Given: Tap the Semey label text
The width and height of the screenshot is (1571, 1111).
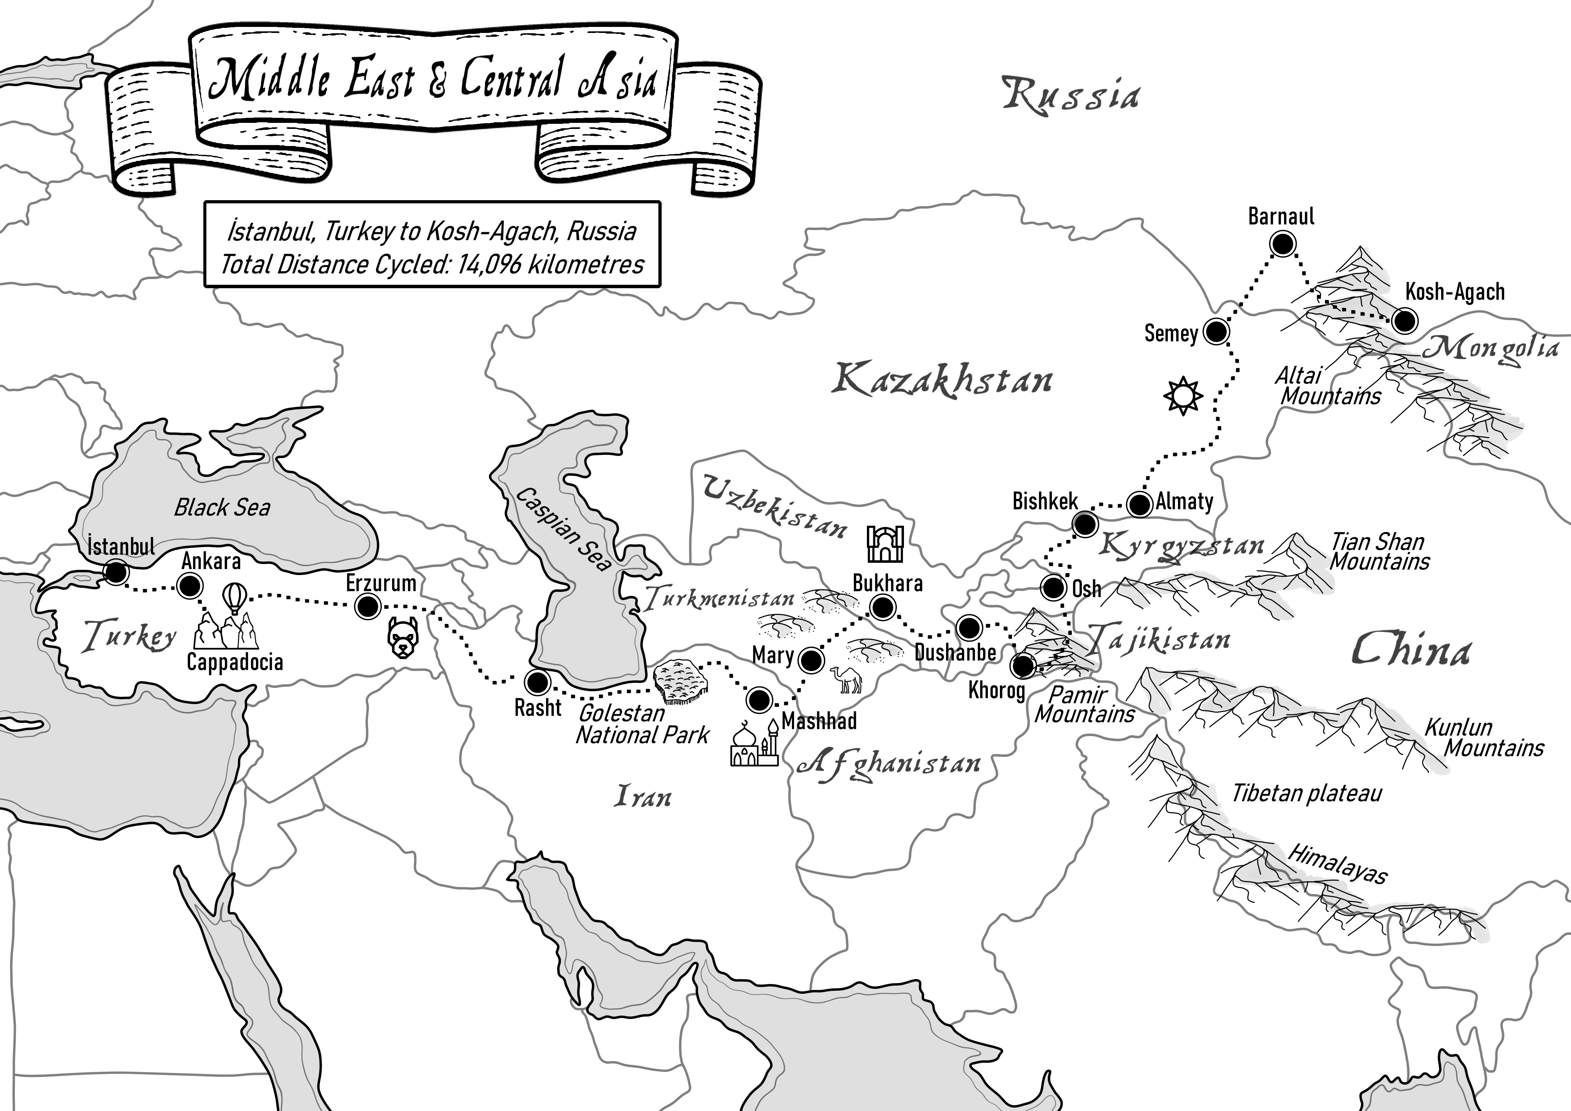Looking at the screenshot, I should (1171, 334).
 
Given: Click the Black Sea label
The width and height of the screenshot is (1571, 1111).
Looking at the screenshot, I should (222, 508).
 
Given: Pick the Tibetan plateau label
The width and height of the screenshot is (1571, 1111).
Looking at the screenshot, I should (1307, 794).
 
